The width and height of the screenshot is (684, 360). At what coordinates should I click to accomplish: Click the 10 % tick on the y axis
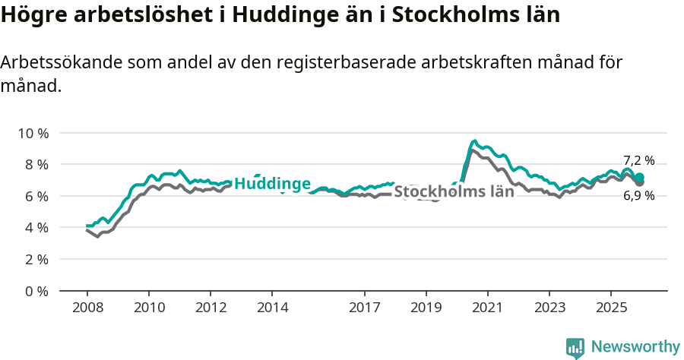pyautogui.click(x=33, y=133)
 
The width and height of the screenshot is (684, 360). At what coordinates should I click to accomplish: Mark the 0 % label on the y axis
pyautogui.click(x=36, y=291)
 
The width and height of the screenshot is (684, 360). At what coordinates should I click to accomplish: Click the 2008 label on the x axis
pyautogui.click(x=87, y=308)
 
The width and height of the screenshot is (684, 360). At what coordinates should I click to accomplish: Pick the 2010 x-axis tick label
pyautogui.click(x=149, y=308)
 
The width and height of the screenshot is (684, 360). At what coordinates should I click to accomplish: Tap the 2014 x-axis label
pyautogui.click(x=272, y=308)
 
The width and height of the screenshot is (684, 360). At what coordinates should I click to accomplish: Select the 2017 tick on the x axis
pyautogui.click(x=365, y=308)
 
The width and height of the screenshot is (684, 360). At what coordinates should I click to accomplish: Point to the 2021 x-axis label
pyautogui.click(x=488, y=308)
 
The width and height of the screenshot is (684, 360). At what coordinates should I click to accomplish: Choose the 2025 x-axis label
pyautogui.click(x=611, y=308)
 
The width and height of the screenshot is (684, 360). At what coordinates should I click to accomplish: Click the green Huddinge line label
pyautogui.click(x=272, y=184)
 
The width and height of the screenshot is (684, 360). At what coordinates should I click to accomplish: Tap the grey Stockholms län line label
pyautogui.click(x=454, y=191)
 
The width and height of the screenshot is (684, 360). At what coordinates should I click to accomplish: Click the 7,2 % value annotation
pyautogui.click(x=638, y=160)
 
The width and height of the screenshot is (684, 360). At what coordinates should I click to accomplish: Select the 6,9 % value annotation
pyautogui.click(x=638, y=196)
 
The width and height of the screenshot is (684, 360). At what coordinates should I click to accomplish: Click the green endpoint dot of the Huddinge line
pyautogui.click(x=640, y=177)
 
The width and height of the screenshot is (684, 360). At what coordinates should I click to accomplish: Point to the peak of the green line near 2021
pyautogui.click(x=474, y=141)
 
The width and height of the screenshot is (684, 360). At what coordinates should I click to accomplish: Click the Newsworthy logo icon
pyautogui.click(x=575, y=348)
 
